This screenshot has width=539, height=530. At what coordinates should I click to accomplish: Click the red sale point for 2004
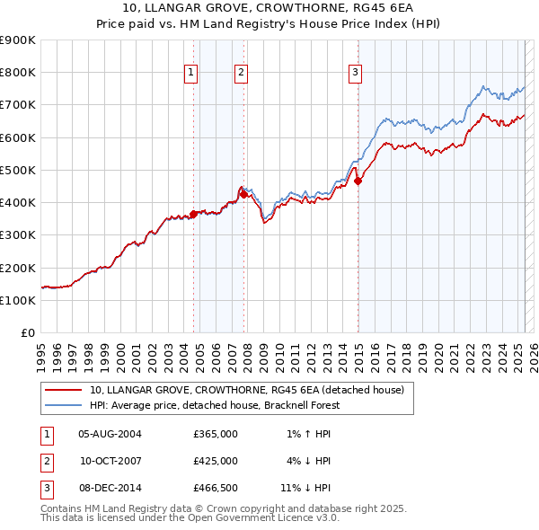pyautogui.click(x=193, y=214)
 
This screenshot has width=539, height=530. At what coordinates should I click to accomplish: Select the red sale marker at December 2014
pyautogui.click(x=358, y=181)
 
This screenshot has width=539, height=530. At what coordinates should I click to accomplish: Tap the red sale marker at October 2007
pyautogui.click(x=243, y=194)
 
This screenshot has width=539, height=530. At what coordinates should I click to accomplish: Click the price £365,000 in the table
pyautogui.click(x=216, y=434)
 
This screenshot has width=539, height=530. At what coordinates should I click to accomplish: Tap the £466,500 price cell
pyautogui.click(x=216, y=488)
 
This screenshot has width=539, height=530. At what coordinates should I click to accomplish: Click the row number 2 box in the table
pyautogui.click(x=45, y=461)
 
